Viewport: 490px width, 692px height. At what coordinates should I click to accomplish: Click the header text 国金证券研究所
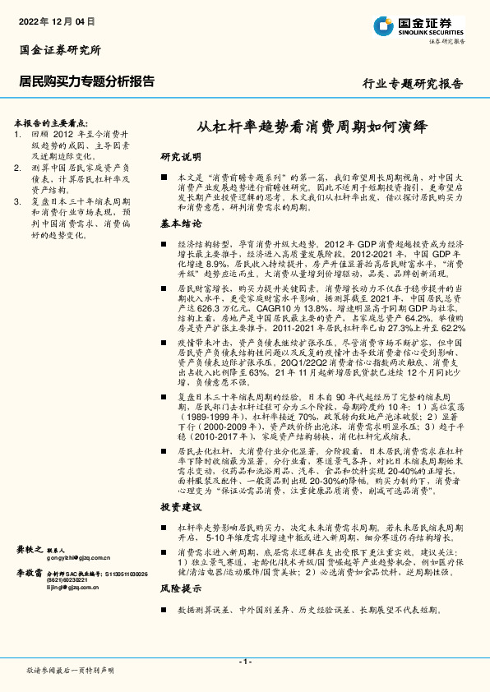click(60, 50)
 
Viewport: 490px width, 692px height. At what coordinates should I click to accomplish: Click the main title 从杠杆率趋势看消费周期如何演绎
click(312, 127)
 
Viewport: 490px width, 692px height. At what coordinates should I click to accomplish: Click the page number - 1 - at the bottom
click(244, 662)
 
